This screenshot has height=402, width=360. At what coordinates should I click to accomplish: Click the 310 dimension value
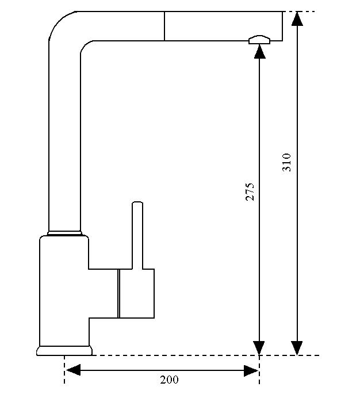(288, 162)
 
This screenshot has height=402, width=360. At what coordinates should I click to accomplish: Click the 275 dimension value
(250, 192)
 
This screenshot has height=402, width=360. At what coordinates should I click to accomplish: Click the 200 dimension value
(169, 380)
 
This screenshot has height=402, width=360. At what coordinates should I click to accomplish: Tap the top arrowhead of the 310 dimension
(297, 18)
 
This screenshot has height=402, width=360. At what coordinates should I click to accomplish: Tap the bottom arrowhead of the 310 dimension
(297, 348)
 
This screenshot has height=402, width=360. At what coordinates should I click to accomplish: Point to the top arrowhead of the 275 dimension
(260, 51)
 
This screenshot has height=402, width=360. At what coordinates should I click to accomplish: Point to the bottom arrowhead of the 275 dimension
(260, 348)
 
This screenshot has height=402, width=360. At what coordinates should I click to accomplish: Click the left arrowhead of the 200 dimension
(72, 370)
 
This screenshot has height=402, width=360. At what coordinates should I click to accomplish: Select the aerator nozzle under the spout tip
(260, 39)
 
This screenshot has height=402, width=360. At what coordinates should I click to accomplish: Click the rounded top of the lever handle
(137, 204)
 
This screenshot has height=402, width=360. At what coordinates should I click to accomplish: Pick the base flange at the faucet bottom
(64, 350)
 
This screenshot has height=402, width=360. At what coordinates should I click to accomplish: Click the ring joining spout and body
(64, 232)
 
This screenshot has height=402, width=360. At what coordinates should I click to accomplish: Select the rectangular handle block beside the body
(136, 293)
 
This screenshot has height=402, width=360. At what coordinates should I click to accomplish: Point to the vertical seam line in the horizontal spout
(164, 26)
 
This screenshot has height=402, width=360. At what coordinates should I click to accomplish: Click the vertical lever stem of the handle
(137, 236)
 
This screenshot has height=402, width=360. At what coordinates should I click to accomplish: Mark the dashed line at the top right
(301, 12)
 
